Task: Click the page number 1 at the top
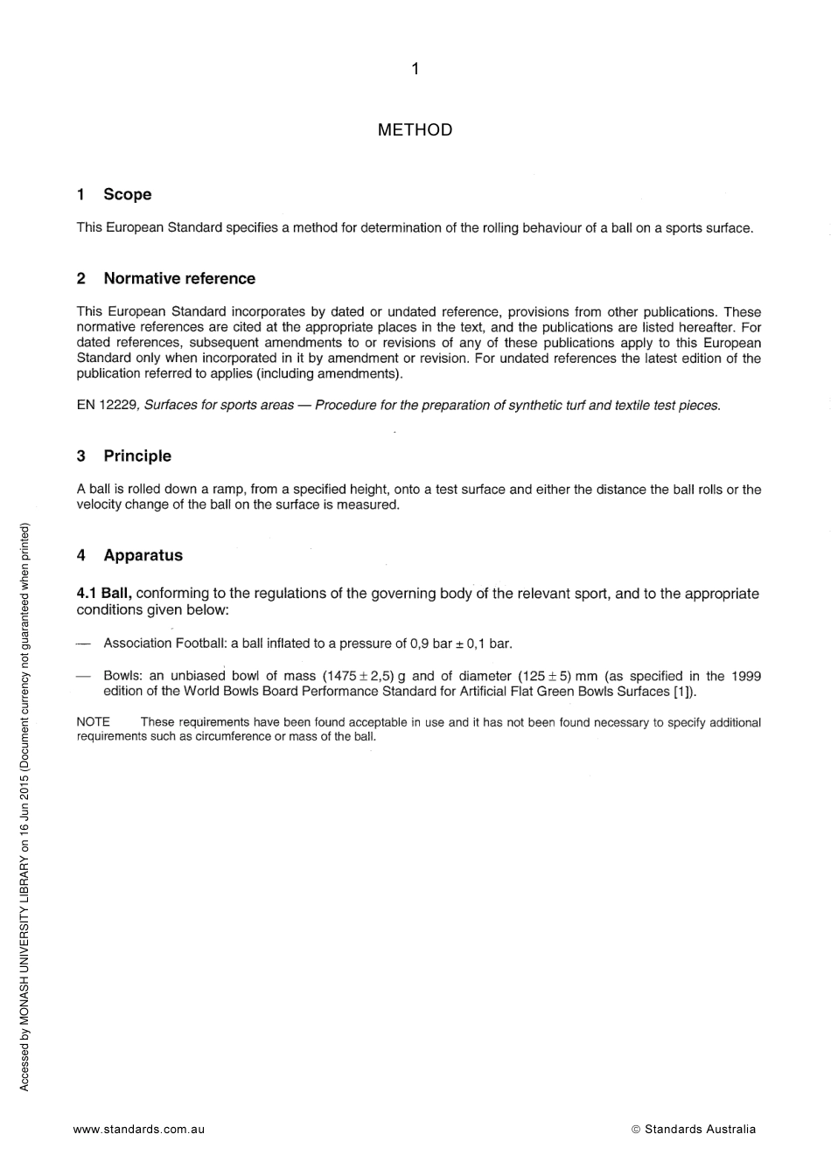(415, 69)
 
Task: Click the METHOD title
(415, 130)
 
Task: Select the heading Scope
(127, 194)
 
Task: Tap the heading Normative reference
(179, 278)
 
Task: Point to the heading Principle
(137, 456)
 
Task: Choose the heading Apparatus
(143, 555)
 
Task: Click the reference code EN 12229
(108, 405)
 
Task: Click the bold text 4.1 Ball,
(104, 594)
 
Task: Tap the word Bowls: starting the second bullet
(122, 676)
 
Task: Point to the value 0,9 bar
(430, 644)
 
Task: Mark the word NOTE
(94, 722)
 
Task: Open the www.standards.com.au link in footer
(139, 1129)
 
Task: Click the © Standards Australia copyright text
(693, 1129)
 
